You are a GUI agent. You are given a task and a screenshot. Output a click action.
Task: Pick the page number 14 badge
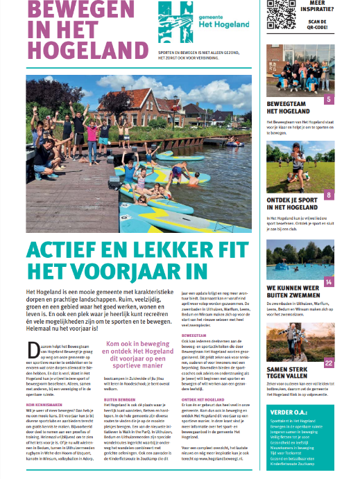328,282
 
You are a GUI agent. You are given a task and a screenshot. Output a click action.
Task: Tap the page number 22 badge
327,363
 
